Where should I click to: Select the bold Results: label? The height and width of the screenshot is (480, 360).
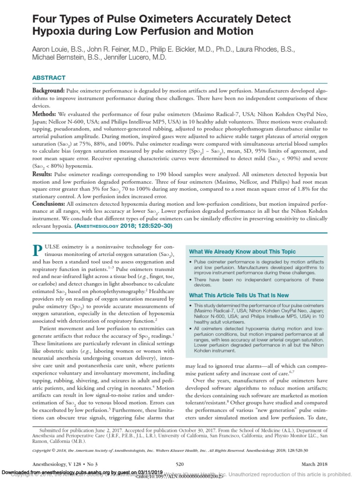pyautogui.click(x=43, y=173)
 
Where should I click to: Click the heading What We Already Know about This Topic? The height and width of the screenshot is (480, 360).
pyautogui.click(x=242, y=252)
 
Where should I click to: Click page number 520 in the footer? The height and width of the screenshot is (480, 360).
pyautogui.click(x=179, y=464)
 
